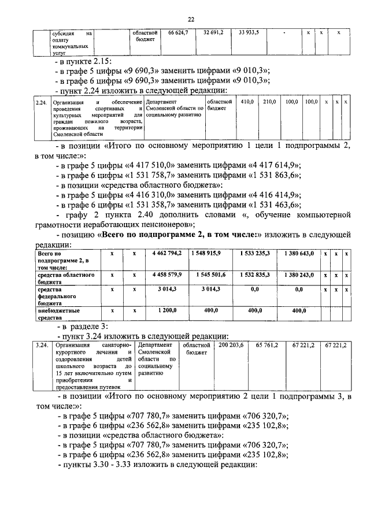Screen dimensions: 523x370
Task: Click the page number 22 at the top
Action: [x=191, y=19]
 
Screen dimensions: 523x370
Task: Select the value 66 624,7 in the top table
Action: [x=178, y=34]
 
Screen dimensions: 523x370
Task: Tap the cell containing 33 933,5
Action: [x=249, y=34]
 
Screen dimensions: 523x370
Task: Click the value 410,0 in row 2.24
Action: [x=247, y=102]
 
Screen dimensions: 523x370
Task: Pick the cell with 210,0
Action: [x=269, y=102]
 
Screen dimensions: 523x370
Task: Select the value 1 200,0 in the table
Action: [x=168, y=310]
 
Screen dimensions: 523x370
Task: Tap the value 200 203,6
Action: [x=231, y=345]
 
